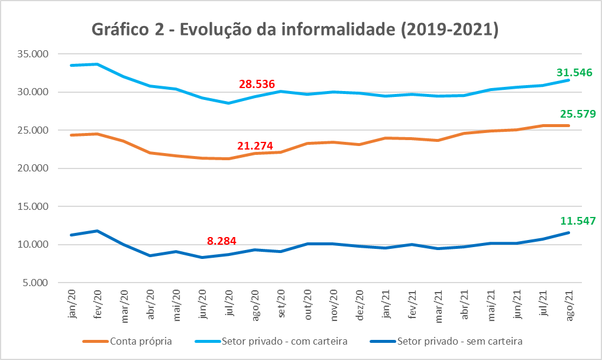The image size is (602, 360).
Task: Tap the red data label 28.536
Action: (x=258, y=85)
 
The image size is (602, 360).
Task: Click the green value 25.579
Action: (x=575, y=113)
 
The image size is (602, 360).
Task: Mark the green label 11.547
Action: (x=575, y=221)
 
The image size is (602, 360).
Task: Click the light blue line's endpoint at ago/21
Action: (x=569, y=80)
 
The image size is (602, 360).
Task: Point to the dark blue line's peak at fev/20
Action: (x=97, y=231)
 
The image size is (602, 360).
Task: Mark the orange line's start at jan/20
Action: (x=72, y=135)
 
